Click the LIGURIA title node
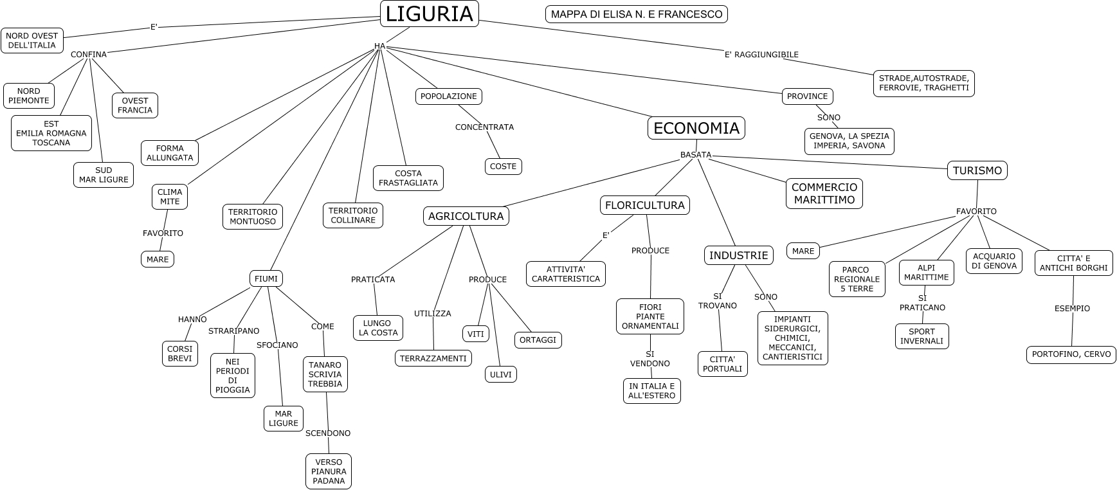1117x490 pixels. (430, 14)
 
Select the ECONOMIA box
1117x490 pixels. (696, 128)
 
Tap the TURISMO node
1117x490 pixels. (977, 170)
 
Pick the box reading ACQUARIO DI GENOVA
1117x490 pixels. (994, 260)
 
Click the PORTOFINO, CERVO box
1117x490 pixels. (1071, 354)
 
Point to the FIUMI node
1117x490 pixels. (266, 278)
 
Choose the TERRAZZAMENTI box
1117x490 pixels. (433, 358)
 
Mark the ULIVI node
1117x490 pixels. (501, 374)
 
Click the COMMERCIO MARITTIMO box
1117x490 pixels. (824, 194)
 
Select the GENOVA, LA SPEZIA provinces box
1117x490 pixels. (849, 141)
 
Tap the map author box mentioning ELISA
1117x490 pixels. (637, 14)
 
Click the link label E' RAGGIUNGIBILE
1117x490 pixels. (761, 55)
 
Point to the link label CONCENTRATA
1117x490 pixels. (484, 127)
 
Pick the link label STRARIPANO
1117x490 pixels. (233, 331)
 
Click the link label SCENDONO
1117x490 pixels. (328, 433)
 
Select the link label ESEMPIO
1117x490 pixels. (1072, 309)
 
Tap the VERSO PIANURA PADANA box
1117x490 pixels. (329, 471)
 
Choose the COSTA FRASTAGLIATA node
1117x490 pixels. (408, 178)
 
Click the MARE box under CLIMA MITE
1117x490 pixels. (158, 259)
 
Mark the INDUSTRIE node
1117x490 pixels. (739, 255)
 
